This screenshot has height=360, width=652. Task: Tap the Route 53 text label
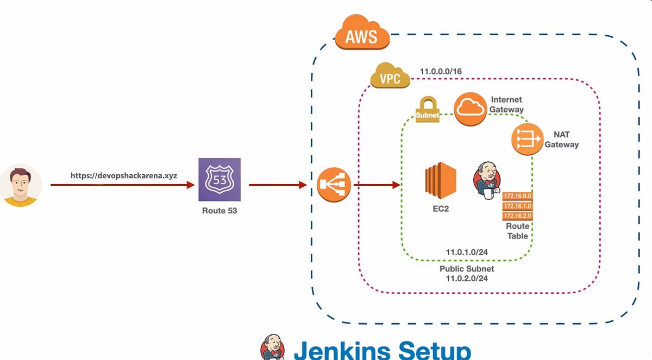(220, 211)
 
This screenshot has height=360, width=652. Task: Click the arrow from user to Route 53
(122, 185)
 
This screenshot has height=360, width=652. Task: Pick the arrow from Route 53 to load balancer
(278, 185)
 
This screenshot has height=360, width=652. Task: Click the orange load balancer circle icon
(334, 185)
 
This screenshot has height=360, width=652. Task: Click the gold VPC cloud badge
(390, 77)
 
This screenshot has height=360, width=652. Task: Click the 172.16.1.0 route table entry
(517, 206)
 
